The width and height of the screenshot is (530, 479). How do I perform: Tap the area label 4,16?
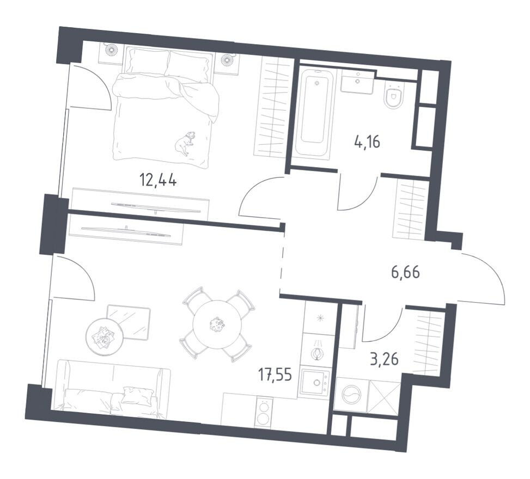point(366,143)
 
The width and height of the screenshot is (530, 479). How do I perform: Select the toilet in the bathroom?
point(393,97)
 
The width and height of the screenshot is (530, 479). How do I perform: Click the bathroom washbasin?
point(357,83)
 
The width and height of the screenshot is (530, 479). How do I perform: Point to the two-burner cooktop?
point(264,412)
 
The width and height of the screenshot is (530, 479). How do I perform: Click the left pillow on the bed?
point(146,61)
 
